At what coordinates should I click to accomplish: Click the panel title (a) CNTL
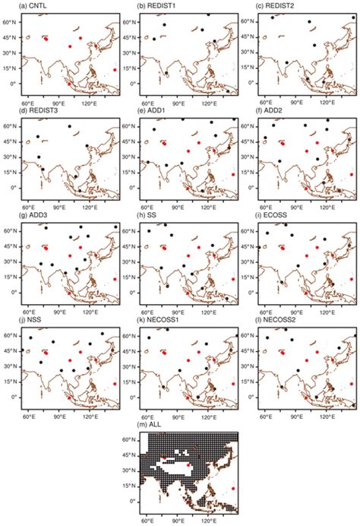(21, 6)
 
